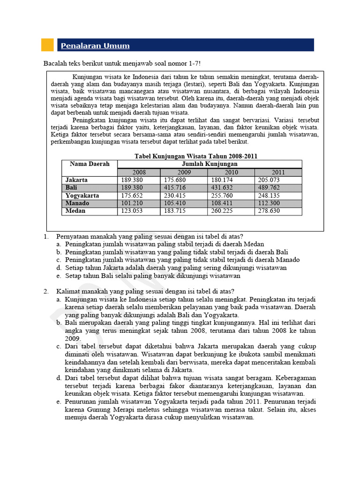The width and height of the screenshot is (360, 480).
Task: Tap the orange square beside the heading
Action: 47,45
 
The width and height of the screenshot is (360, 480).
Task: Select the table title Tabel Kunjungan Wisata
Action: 195,156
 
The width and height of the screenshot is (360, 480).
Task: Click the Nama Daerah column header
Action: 90,164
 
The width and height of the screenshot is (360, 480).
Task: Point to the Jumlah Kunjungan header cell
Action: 209,164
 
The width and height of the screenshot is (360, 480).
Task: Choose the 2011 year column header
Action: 278,172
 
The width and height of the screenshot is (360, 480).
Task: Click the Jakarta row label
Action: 77,180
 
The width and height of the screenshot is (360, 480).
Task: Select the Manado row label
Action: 77,203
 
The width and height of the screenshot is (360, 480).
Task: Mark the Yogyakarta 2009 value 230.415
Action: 175,195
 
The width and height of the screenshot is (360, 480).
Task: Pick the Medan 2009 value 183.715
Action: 175,211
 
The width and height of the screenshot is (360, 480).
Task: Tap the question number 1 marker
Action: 46,236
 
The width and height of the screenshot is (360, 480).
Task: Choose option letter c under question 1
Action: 59,260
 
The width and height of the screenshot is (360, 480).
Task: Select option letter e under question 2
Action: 59,402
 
